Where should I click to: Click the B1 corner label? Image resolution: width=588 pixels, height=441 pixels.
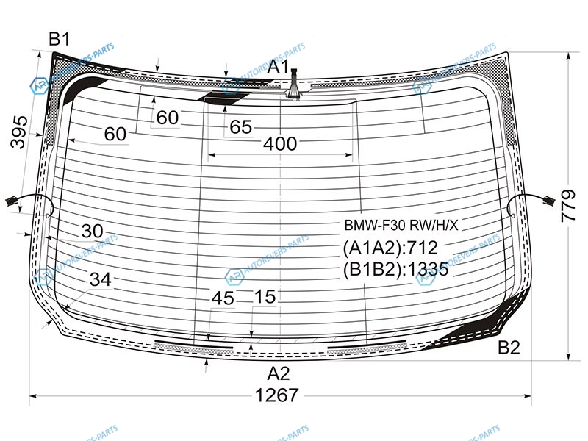pyautogui.click(x=60, y=39)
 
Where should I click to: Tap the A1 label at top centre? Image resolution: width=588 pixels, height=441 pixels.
pyautogui.click(x=279, y=67)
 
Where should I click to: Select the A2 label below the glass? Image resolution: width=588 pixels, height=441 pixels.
pyautogui.click(x=279, y=374)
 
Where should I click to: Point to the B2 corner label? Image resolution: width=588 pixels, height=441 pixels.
pyautogui.click(x=509, y=348)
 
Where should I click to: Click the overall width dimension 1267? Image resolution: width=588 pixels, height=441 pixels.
pyautogui.click(x=277, y=395)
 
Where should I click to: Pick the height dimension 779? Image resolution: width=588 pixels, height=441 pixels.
pyautogui.click(x=568, y=206)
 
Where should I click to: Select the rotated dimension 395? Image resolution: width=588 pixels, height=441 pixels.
pyautogui.click(x=19, y=132)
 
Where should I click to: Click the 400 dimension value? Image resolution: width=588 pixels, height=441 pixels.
pyautogui.click(x=280, y=143)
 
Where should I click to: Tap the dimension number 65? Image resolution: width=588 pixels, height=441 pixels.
pyautogui.click(x=241, y=126)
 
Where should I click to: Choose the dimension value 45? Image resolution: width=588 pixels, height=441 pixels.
pyautogui.click(x=223, y=298)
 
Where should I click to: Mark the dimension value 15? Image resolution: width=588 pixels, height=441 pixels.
pyautogui.click(x=265, y=297)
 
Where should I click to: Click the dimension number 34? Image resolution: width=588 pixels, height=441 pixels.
pyautogui.click(x=101, y=280)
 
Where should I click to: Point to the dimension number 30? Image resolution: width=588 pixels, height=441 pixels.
pyautogui.click(x=93, y=231)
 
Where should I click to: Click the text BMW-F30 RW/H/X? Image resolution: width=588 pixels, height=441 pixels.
pyautogui.click(x=401, y=226)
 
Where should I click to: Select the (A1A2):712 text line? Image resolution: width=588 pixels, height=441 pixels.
pyautogui.click(x=390, y=248)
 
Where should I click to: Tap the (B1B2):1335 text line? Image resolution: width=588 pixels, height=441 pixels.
pyautogui.click(x=395, y=269)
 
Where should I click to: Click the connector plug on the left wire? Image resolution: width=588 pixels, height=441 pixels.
pyautogui.click(x=11, y=201)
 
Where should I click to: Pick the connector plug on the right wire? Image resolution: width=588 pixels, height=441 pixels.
pyautogui.click(x=549, y=201)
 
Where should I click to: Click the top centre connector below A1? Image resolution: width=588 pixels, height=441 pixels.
pyautogui.click(x=293, y=84)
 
